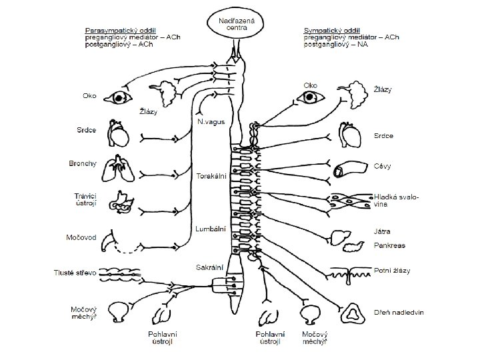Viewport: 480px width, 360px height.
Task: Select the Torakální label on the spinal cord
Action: [212, 176]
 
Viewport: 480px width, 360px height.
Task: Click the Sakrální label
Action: [209, 267]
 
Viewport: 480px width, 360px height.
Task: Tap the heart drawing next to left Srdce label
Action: [120, 136]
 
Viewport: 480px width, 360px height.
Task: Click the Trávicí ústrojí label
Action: [86, 199]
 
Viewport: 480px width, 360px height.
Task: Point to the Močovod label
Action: [79, 237]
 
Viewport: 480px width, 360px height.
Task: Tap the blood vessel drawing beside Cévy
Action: [341, 170]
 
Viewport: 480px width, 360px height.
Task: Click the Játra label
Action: [382, 231]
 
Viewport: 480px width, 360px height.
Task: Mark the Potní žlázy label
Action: [392, 271]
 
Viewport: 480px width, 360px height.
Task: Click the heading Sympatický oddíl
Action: [332, 31]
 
